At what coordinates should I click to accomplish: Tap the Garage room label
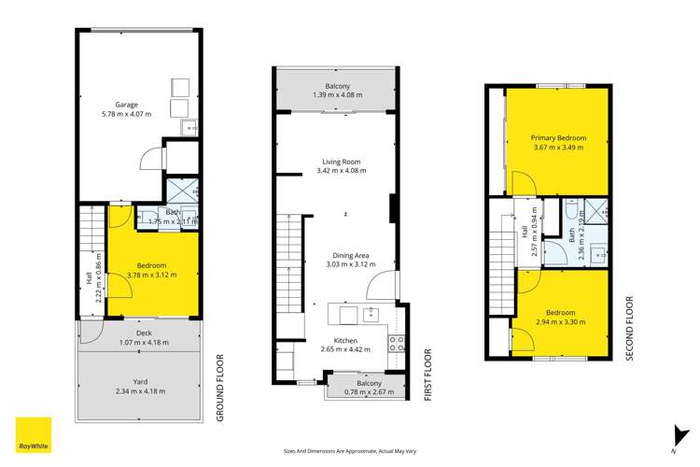coord(127,105)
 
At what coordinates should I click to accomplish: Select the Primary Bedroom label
coord(558,136)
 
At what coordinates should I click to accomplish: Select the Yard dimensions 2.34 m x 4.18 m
coord(137,390)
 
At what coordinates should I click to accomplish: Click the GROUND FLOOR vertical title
coord(221,388)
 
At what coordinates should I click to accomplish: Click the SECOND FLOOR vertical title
coord(630,328)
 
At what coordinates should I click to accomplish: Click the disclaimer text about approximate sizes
coord(349,450)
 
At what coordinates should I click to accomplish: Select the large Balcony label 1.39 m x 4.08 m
coord(337,92)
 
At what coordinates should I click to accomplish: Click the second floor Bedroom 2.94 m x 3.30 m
coord(561,318)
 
